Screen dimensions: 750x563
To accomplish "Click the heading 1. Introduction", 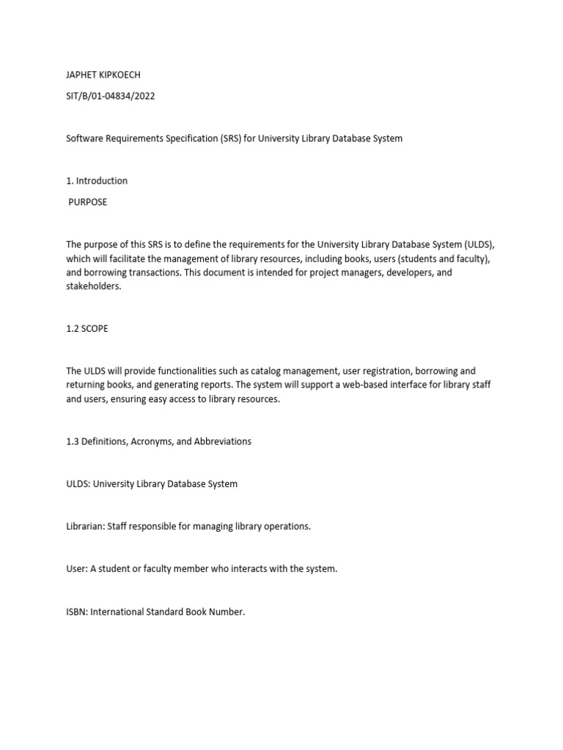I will click(97, 181).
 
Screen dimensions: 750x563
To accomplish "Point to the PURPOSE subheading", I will click(88, 202).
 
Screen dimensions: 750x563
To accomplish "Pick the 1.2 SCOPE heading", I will click(87, 329).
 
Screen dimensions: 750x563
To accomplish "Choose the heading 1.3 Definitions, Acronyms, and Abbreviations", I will click(158, 442).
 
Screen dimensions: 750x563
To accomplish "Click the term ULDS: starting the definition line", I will click(78, 484).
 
